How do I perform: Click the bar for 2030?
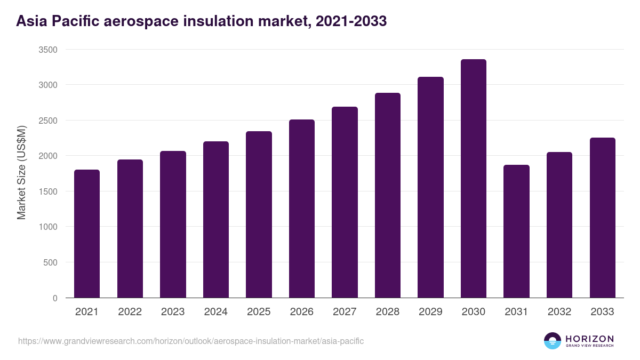(x=474, y=179)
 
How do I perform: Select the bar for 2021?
(x=87, y=234)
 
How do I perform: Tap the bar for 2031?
(x=516, y=231)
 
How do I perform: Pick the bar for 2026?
(x=302, y=209)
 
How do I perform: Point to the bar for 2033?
(x=602, y=218)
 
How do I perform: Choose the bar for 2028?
(x=388, y=195)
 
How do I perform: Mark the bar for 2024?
(x=216, y=219)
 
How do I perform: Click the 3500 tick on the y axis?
(x=48, y=50)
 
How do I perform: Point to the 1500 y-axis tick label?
(x=48, y=191)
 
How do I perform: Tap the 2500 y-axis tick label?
(x=48, y=121)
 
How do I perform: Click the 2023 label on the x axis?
(x=173, y=312)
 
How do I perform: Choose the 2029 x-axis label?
(x=430, y=312)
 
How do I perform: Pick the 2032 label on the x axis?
(x=559, y=312)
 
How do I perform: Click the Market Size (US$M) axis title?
(x=21, y=172)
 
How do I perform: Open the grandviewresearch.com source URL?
(x=191, y=341)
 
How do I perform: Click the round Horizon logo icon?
(x=553, y=341)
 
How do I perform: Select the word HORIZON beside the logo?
(x=589, y=338)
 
